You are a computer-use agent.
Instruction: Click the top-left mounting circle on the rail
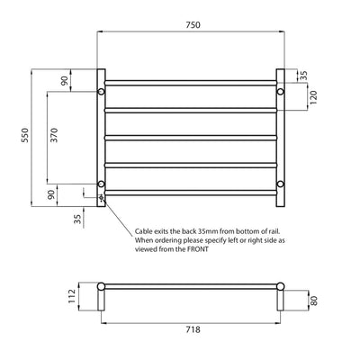(101, 91)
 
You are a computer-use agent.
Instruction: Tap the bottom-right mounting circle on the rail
(280, 184)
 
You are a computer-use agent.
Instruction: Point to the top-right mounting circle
(280, 91)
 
